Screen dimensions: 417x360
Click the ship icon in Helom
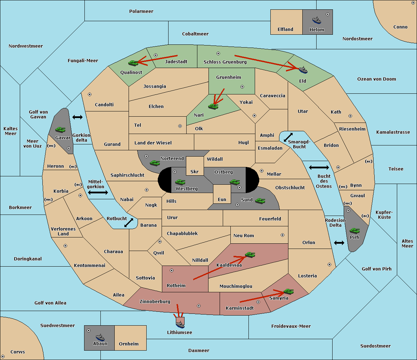(x=317, y=20)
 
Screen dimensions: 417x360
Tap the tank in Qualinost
(x=133, y=63)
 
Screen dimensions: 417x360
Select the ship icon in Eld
(x=303, y=70)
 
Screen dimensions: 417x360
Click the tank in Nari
(x=213, y=107)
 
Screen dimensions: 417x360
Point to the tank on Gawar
(x=60, y=129)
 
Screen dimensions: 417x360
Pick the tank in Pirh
(x=354, y=231)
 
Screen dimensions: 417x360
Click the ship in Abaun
(x=100, y=337)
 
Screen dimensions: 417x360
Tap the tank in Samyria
(x=288, y=292)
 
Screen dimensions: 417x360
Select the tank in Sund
(x=260, y=201)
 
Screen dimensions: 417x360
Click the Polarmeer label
(x=141, y=11)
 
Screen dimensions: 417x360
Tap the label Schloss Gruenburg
(x=225, y=62)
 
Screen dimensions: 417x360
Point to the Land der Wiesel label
(x=153, y=143)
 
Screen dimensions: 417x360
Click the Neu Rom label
(x=244, y=235)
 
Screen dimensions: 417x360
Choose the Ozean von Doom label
(x=377, y=79)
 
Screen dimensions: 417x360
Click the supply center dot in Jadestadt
(x=156, y=55)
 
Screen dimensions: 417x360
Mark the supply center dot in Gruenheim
(x=242, y=87)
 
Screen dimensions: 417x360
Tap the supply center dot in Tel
(x=180, y=126)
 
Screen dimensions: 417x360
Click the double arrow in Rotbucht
(x=129, y=223)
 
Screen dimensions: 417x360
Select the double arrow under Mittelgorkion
(x=98, y=192)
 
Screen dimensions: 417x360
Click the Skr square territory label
(x=195, y=171)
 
